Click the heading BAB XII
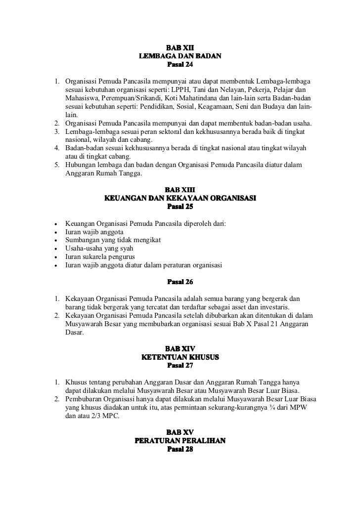point(180,48)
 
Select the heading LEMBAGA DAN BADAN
point(180,56)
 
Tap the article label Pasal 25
point(180,207)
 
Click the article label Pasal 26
point(180,283)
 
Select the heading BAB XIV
point(180,349)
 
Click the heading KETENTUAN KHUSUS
point(180,357)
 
